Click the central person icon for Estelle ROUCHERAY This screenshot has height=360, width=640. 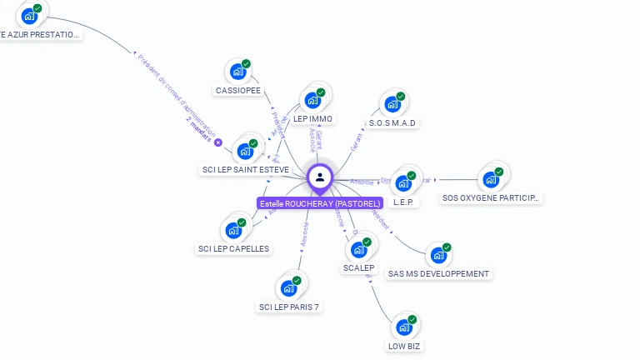[320, 177]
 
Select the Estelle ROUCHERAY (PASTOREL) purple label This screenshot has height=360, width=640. [320, 203]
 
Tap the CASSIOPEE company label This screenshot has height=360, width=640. [238, 90]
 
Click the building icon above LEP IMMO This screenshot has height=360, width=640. [313, 100]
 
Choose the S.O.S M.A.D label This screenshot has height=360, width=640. [392, 122]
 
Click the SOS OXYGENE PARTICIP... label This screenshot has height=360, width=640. [491, 198]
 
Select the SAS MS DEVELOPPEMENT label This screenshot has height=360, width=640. [439, 273]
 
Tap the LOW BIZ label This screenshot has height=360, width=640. [404, 346]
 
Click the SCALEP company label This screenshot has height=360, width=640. [359, 268]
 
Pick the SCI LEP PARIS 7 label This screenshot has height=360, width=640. [289, 307]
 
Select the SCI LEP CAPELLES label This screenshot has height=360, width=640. [233, 248]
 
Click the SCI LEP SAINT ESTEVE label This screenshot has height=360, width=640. [246, 170]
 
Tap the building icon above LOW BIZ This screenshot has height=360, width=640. [404, 327]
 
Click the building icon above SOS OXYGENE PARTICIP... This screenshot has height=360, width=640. [491, 179]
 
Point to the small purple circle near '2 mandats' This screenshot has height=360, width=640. [218, 142]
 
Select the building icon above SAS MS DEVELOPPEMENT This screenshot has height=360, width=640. [438, 255]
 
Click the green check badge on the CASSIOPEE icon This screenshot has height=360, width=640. [247, 64]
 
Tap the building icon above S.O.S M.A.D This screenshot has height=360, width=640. [392, 104]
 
